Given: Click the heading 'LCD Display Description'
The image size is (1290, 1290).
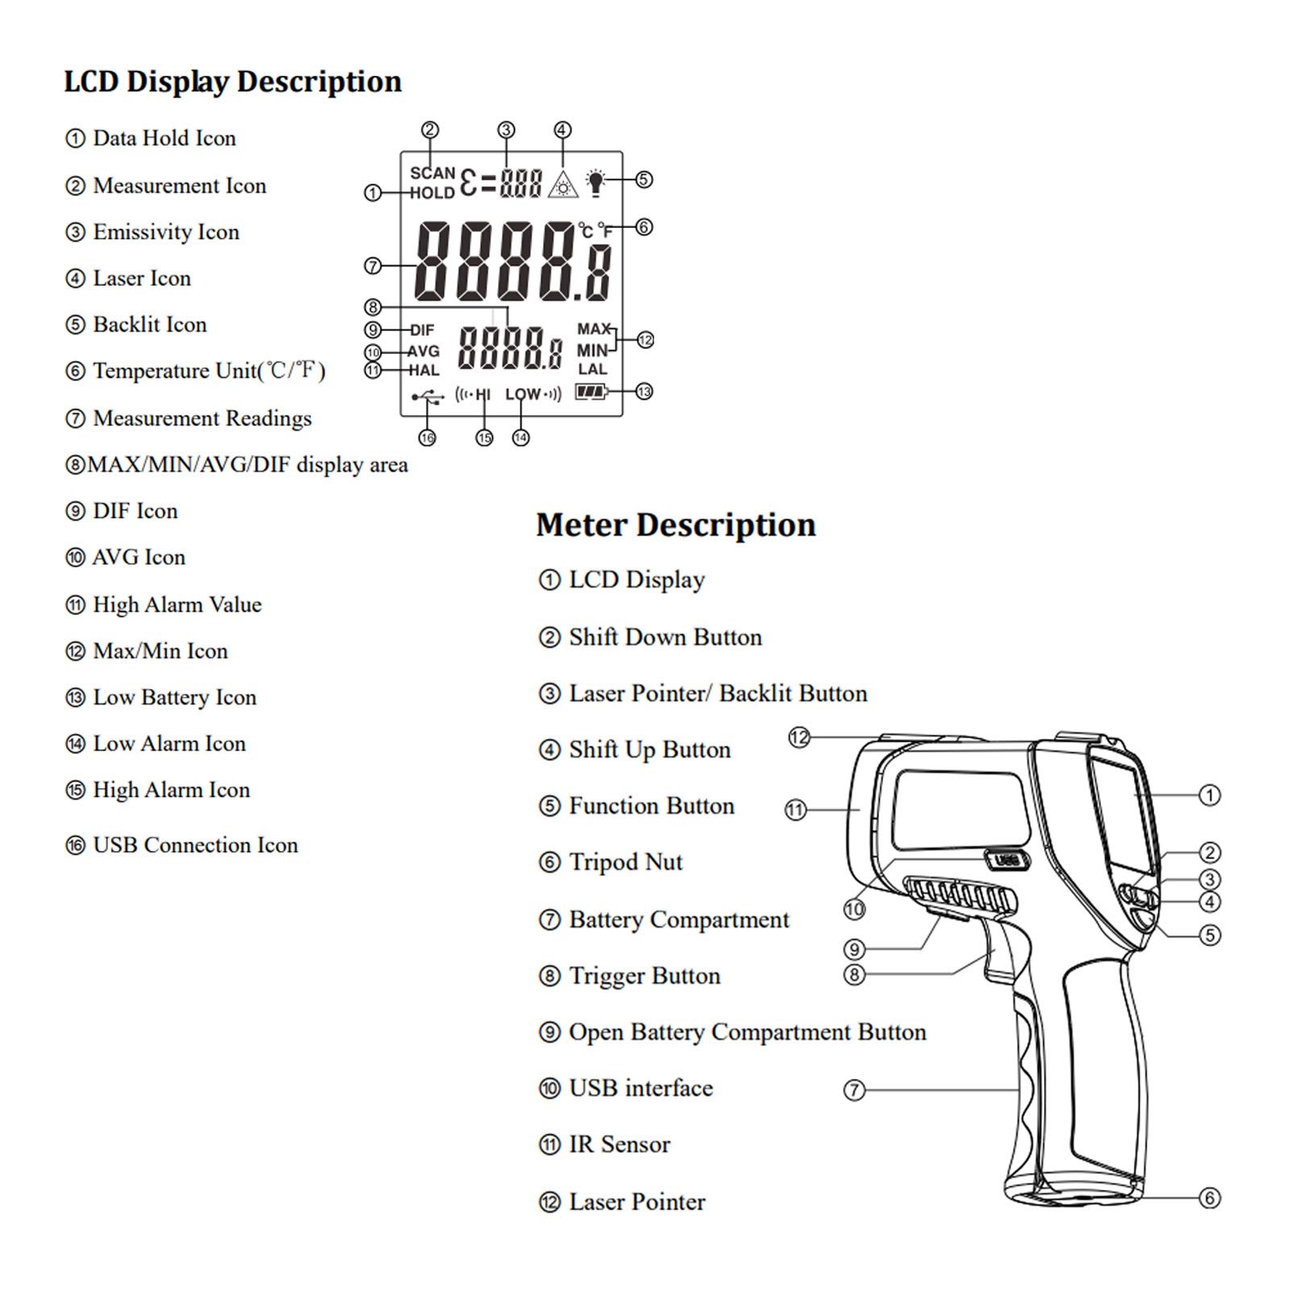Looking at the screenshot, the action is point(232,82).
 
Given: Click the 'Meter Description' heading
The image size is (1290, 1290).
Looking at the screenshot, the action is point(676,525).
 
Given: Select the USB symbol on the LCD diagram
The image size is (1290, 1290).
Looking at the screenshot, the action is point(427,396).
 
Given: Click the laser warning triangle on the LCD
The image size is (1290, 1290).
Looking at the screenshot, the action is point(563,185).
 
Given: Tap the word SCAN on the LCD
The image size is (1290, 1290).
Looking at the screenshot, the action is point(433,173).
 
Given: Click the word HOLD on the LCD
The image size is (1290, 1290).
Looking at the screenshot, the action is point(433,193).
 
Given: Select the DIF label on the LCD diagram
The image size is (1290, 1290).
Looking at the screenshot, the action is point(422,330).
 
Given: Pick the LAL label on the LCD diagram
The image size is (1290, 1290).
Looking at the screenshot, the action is point(592,369).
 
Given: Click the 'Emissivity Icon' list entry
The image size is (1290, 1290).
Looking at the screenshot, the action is point(152,232).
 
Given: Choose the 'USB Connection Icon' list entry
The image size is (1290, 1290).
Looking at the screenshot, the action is point(181,845).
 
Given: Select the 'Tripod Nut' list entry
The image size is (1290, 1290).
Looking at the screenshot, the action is point(610,862).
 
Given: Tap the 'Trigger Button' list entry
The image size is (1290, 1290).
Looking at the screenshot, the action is point(629,976).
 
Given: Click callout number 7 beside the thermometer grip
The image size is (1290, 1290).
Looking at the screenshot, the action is point(854,1090).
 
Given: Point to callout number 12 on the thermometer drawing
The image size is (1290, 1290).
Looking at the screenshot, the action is point(798,737).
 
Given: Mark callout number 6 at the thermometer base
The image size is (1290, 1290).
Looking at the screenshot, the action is point(1209,1198).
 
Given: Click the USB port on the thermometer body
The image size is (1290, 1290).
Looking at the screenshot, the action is point(1006,861).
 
